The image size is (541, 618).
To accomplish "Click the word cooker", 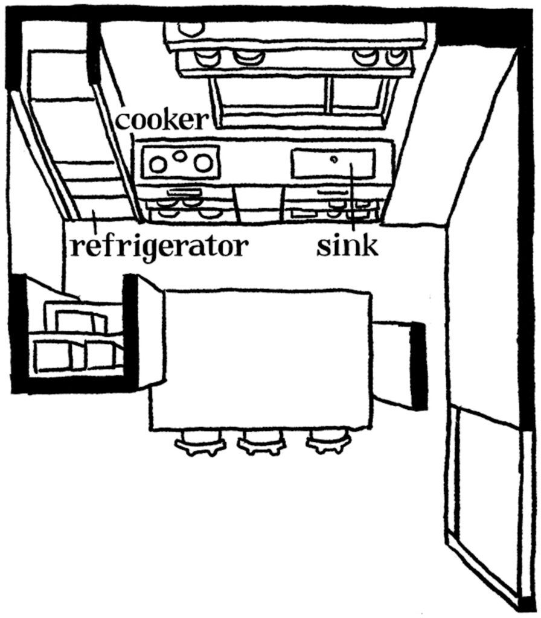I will pos(161,119).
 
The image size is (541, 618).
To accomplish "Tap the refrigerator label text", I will pos(159,246).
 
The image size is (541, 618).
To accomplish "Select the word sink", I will pos(347,246).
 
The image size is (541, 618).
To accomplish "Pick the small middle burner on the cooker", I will pos(180,156).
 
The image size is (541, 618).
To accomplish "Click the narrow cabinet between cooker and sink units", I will pos(258,202).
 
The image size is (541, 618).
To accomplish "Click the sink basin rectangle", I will pos(333,164).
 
